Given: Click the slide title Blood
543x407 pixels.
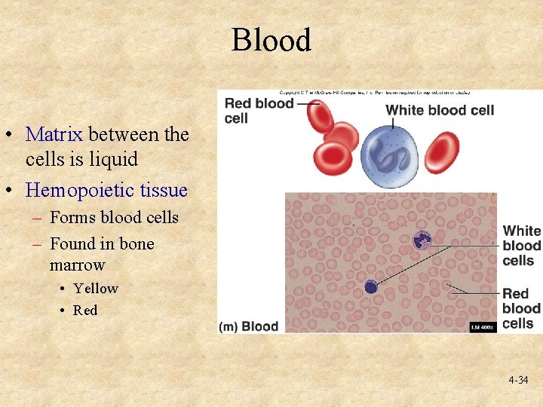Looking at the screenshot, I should click(271, 40).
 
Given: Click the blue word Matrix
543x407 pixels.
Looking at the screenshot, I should click(54, 134).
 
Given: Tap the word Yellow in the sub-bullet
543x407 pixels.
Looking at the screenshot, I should click(96, 289).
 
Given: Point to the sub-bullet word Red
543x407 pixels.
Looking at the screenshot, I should click(85, 311).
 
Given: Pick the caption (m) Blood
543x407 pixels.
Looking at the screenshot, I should click(249, 326).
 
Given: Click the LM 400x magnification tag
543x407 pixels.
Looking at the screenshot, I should click(483, 326).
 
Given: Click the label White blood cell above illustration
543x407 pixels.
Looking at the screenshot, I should click(440, 110).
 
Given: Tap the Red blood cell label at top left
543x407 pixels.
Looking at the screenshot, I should click(258, 111).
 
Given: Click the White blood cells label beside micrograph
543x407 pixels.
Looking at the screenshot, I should click(522, 246).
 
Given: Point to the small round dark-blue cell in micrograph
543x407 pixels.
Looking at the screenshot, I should click(370, 286).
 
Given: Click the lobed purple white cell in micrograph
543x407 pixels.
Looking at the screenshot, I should click(422, 241).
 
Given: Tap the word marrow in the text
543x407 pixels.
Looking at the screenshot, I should click(77, 265).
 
